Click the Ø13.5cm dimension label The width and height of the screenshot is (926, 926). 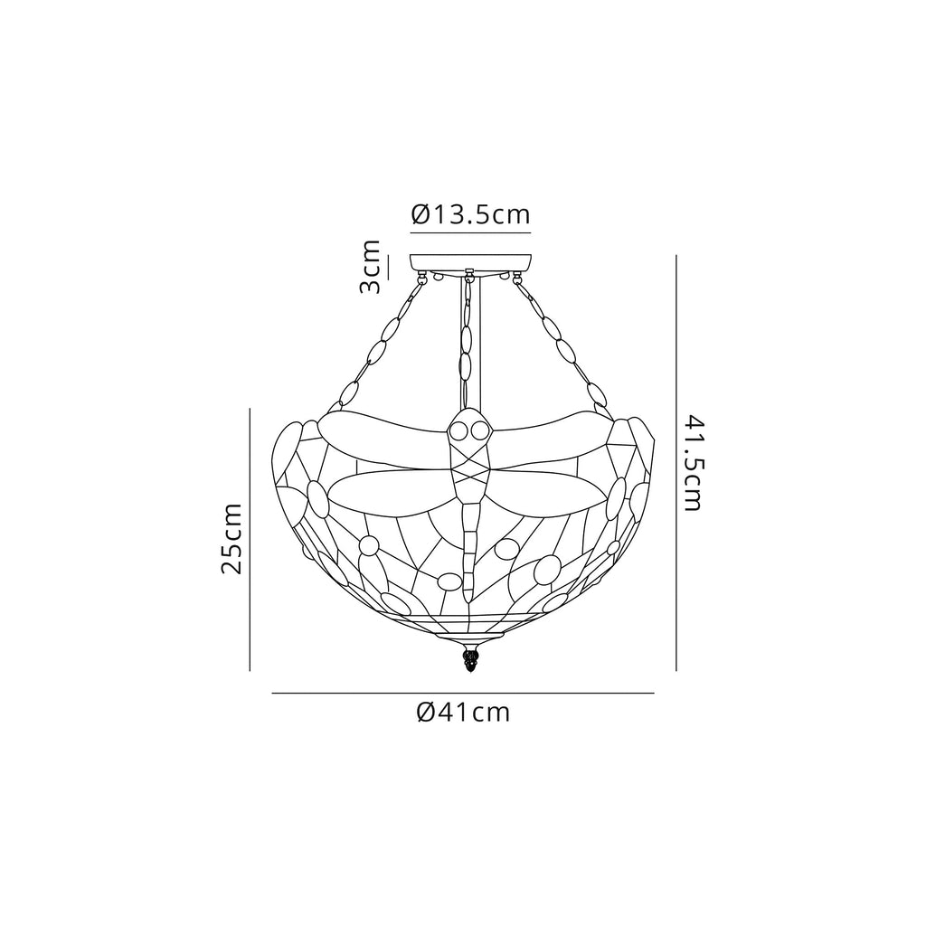pos(470,215)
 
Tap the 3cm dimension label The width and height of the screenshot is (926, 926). pos(370,267)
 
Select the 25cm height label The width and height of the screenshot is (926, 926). pos(231,539)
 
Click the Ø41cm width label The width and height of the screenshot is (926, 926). pos(463,713)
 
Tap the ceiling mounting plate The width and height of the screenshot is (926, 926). pos(470,263)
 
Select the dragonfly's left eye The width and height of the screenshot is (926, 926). pos(458,432)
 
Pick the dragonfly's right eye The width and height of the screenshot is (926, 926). pos(477,432)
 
